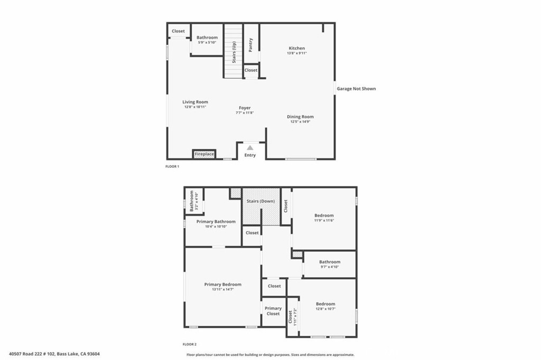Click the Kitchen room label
click(296, 48)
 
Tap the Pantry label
click(250, 44)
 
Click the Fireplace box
click(204, 154)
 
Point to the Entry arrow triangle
click(250, 148)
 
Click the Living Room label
click(195, 102)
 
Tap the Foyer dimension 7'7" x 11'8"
click(245, 112)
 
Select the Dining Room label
click(300, 117)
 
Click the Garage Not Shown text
click(357, 89)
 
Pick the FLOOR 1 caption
click(172, 166)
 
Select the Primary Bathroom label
click(216, 222)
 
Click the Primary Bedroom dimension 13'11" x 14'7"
click(222, 289)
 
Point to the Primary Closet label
click(273, 311)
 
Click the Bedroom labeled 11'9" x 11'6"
click(324, 215)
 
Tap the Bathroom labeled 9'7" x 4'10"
click(330, 262)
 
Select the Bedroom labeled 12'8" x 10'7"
click(325, 304)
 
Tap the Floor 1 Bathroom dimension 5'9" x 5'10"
click(207, 42)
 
